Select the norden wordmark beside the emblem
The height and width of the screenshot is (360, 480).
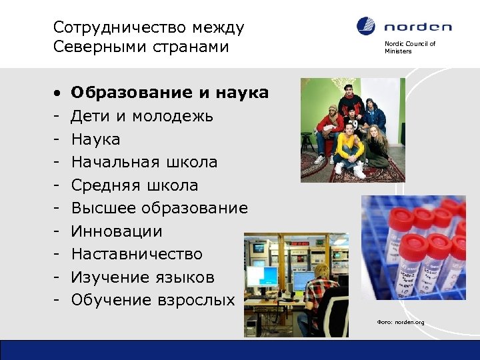(x=418, y=27)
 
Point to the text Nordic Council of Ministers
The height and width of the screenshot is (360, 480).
(x=409, y=47)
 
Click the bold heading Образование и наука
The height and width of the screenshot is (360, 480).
(x=169, y=93)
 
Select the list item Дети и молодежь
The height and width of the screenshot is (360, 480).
(x=142, y=116)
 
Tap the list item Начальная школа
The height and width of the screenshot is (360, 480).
(x=144, y=162)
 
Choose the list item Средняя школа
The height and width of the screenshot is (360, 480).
(x=134, y=185)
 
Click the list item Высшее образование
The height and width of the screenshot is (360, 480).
(x=159, y=208)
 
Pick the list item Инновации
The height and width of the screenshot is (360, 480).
(x=117, y=231)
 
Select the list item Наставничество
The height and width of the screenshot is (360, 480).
(x=137, y=254)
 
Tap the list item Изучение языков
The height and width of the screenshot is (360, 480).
(x=143, y=277)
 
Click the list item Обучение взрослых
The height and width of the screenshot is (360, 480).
(x=153, y=300)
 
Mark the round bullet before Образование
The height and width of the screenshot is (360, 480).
(x=58, y=93)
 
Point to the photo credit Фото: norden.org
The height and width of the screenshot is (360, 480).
(x=400, y=323)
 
